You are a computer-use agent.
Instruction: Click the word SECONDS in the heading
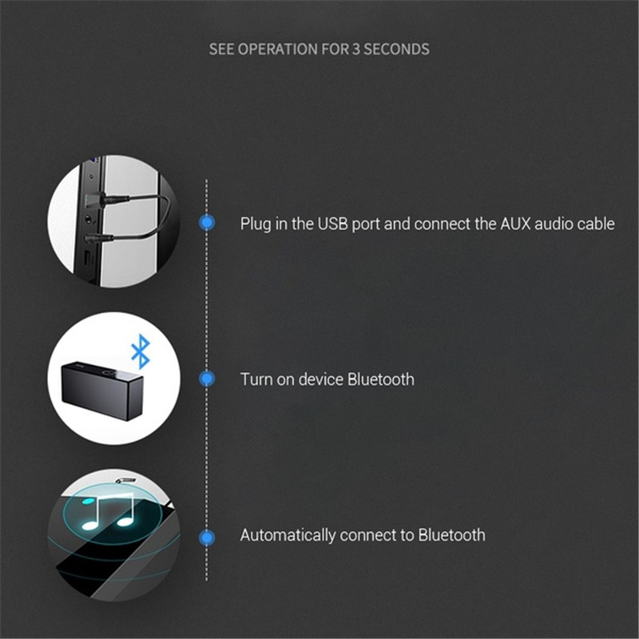click(396, 50)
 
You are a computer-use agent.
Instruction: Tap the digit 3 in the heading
click(355, 50)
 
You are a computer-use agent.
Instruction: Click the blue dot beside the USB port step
click(207, 223)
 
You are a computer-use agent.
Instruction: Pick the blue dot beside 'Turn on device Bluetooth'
click(207, 379)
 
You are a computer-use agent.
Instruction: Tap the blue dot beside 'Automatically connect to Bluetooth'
click(207, 537)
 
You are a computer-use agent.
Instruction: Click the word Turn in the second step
click(256, 379)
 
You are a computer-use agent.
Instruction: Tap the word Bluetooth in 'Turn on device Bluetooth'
click(381, 379)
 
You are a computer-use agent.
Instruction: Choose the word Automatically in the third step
click(288, 535)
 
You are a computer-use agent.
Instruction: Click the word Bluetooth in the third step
click(451, 535)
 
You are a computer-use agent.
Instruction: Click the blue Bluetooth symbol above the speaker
click(141, 351)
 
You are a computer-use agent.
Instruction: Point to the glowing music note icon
click(109, 512)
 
